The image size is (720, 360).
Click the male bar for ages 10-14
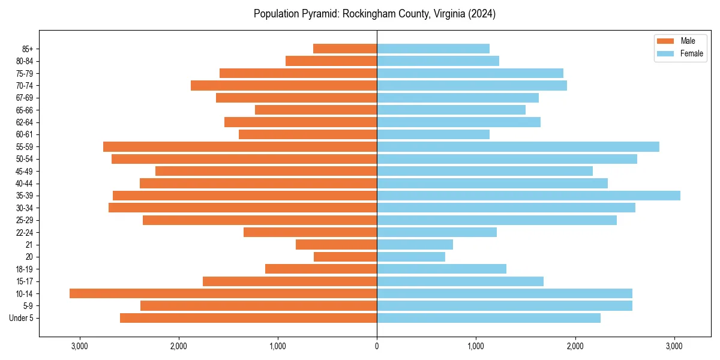[223, 293]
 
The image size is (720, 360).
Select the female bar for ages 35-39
[528, 196]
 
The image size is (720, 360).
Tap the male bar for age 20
[345, 257]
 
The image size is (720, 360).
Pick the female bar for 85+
[433, 49]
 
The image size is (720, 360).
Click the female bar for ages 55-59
[518, 146]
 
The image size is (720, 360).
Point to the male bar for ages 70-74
[284, 85]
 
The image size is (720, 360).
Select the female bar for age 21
[415, 244]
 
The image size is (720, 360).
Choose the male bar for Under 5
[248, 318]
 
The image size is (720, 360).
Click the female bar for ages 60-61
[433, 134]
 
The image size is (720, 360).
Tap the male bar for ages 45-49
[266, 171]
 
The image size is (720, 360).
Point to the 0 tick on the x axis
[377, 346]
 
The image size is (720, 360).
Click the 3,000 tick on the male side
[79, 346]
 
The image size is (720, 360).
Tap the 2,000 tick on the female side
[575, 346]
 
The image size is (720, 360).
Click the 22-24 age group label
[25, 232]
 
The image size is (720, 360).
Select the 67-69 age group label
[25, 98]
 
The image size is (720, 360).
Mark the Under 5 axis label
[22, 318]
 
